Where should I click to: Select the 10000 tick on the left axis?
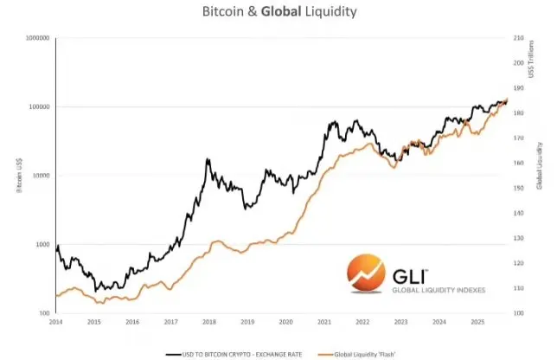39,176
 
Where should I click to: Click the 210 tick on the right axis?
519,39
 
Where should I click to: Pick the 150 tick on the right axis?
519,188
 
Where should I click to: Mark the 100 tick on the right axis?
519,312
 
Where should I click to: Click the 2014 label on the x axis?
55,322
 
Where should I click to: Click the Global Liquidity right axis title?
539,164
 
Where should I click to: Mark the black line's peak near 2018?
207,159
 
